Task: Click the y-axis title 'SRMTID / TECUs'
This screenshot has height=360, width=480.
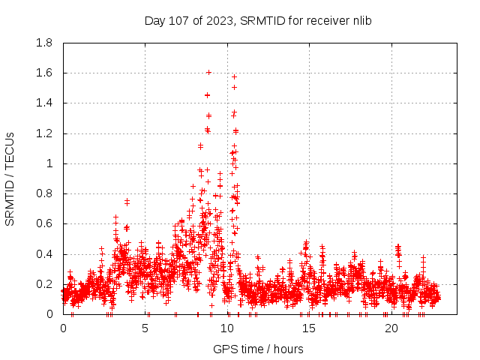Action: tap(10, 178)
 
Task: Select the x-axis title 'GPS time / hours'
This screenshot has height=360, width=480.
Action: tap(258, 349)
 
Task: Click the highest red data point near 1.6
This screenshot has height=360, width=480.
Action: tap(208, 73)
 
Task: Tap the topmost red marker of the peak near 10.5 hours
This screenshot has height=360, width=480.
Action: tap(235, 76)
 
